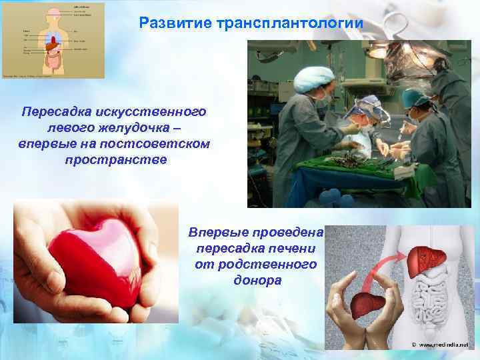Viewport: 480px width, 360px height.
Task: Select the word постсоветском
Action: click(163, 144)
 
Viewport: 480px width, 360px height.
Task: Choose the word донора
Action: click(257, 281)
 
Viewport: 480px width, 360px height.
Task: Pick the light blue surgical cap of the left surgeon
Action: click(313, 79)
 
